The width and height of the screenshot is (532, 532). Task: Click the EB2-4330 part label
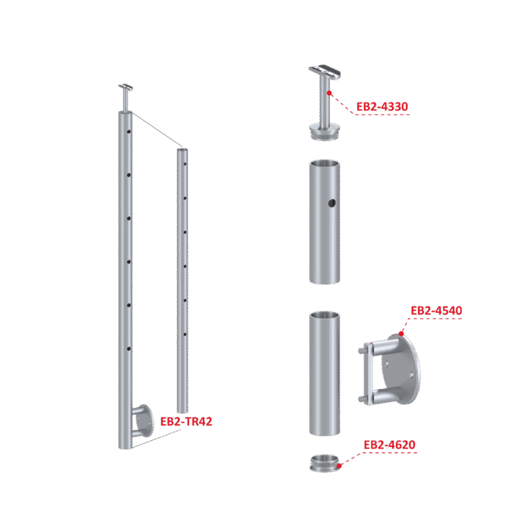(x=382, y=107)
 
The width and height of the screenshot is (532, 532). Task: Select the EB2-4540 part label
(x=436, y=310)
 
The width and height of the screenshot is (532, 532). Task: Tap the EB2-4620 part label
(x=389, y=445)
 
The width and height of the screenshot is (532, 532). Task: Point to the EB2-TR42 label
(x=186, y=421)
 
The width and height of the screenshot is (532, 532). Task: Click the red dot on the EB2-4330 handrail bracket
(x=329, y=93)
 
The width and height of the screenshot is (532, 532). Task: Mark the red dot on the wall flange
(x=401, y=334)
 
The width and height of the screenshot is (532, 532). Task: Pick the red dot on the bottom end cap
(x=339, y=466)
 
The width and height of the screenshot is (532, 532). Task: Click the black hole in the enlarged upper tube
(x=332, y=203)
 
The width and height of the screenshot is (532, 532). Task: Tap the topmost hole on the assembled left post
(x=129, y=131)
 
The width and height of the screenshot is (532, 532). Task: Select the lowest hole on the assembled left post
(x=129, y=349)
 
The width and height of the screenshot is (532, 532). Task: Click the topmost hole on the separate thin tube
(x=185, y=164)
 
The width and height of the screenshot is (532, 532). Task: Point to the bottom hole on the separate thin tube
(x=185, y=334)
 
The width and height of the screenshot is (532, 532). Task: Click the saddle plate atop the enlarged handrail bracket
(x=325, y=71)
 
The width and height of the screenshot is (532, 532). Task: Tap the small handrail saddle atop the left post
(x=125, y=87)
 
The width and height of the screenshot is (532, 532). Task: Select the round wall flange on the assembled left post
(x=144, y=421)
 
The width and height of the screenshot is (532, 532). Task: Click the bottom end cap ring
(x=325, y=464)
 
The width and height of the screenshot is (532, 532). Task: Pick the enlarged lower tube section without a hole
(x=325, y=373)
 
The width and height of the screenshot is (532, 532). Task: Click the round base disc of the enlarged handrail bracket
(x=325, y=131)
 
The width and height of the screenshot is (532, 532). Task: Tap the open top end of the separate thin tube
(x=182, y=150)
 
